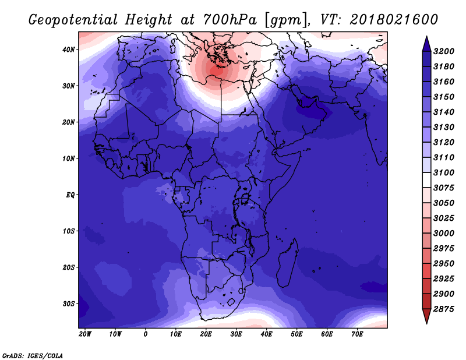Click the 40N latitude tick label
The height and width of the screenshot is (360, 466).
(x=69, y=50)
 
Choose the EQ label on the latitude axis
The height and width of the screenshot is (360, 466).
(x=70, y=195)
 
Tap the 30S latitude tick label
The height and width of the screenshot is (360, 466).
(x=69, y=303)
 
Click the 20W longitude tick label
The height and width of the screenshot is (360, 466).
(x=85, y=334)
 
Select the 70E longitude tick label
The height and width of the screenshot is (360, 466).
(x=357, y=334)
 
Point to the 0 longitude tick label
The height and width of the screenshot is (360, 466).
(x=146, y=334)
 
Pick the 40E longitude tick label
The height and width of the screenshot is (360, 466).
(x=266, y=334)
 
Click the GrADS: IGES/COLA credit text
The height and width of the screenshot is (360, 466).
(x=32, y=355)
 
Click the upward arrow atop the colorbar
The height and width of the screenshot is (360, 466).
(x=426, y=43)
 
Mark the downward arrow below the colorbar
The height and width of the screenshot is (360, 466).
(x=426, y=317)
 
